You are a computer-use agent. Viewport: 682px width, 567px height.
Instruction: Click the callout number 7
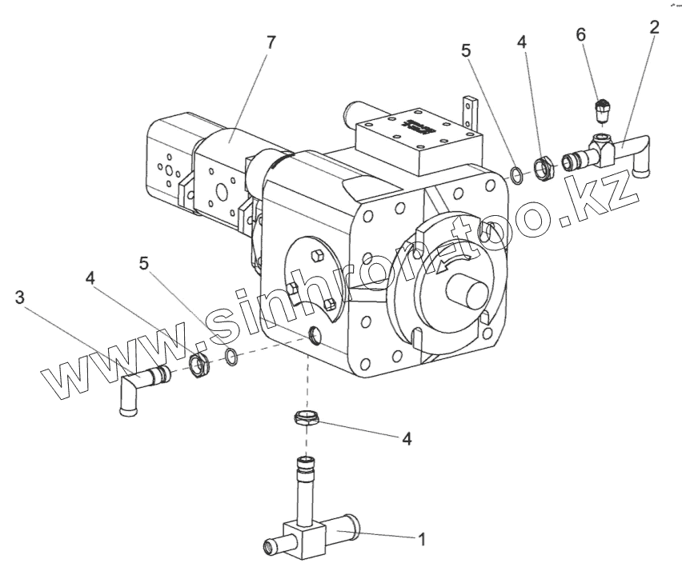coord(271,43)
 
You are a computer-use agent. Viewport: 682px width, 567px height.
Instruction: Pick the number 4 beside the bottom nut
coord(407,439)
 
